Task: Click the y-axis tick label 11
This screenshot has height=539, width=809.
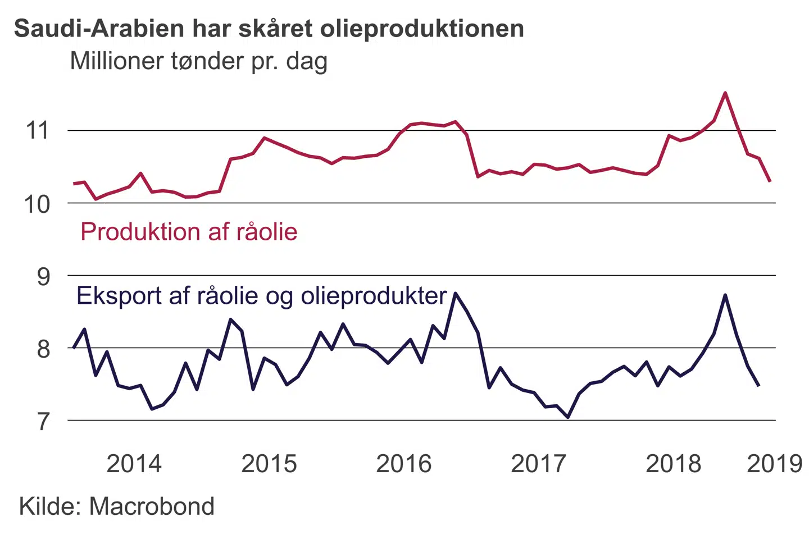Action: tap(38, 130)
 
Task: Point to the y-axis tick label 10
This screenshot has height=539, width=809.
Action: tap(37, 204)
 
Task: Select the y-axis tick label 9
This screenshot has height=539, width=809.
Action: tap(43, 276)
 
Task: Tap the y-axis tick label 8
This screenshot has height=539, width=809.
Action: tap(43, 349)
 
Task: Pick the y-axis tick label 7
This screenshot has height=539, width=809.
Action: tap(43, 421)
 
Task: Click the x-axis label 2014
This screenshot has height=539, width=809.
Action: tap(134, 464)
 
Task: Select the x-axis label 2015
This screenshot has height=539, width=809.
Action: tap(269, 464)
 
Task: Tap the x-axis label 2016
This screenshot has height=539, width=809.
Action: tap(403, 464)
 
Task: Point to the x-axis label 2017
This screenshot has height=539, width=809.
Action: tap(538, 464)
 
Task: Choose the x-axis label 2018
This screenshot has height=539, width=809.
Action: tap(673, 464)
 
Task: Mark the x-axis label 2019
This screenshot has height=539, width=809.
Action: tap(774, 464)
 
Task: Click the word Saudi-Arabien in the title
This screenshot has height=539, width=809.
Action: tap(99, 29)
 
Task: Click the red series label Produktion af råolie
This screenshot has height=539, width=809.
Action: tap(189, 231)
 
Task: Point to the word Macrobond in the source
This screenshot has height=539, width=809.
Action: tap(152, 506)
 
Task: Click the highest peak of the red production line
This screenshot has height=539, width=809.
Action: tap(725, 93)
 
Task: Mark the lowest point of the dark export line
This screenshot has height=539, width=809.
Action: tap(568, 417)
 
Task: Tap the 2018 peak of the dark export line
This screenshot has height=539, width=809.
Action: tap(725, 295)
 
